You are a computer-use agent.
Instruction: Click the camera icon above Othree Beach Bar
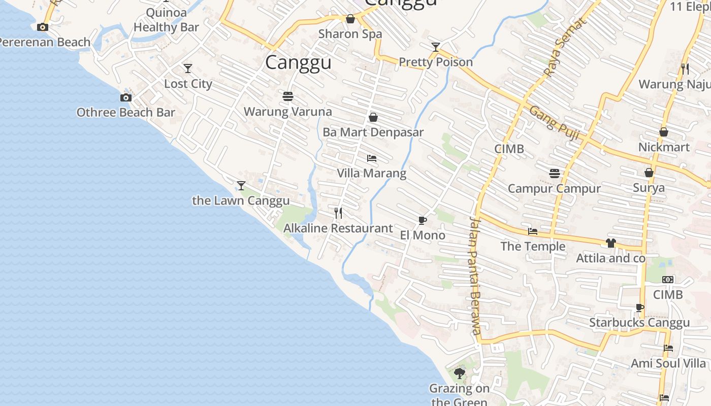point(126,97)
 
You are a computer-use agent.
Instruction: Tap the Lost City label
point(188,84)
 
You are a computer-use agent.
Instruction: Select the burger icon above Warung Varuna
point(288,96)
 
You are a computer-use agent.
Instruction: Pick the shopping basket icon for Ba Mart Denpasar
point(373,117)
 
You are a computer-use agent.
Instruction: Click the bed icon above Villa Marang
point(372,158)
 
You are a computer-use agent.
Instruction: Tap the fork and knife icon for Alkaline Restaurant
point(338,213)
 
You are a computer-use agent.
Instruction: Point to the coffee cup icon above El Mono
point(422,220)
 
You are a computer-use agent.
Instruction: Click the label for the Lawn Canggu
point(241,200)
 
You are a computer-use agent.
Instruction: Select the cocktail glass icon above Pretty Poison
point(436,47)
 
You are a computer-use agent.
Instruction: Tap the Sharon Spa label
point(350,34)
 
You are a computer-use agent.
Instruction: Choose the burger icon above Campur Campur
point(555,174)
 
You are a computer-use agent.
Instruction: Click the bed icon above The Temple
point(533,231)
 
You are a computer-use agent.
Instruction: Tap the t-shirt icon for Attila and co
point(610,243)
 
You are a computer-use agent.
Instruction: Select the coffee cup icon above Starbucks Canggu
point(640,308)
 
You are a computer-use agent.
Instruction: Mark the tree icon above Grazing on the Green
point(460,374)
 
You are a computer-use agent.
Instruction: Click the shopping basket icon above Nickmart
point(663,132)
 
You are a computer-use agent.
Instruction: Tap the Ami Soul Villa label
point(668,363)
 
